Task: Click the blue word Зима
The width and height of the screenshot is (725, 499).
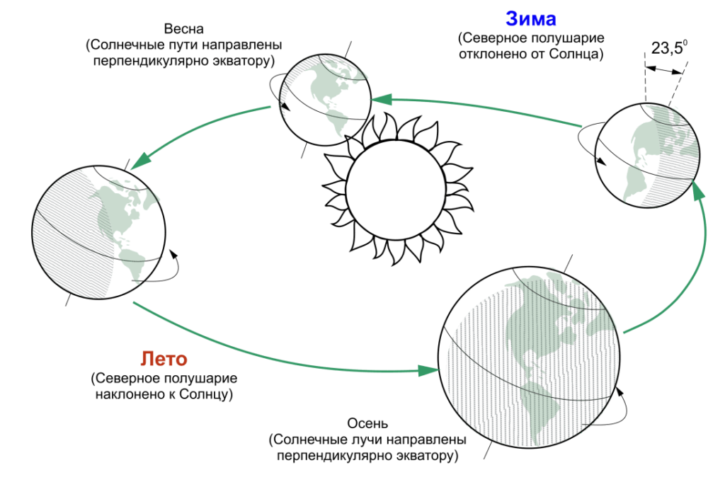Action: pos(530,18)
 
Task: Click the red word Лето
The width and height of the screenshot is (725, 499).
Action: pos(164,359)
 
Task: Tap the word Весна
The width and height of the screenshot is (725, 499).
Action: pos(183,28)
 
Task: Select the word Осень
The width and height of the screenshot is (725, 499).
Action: pos(367,423)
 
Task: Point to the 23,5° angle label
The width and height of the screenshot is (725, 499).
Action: pos(669,47)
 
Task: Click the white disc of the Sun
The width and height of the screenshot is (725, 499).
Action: pos(396,190)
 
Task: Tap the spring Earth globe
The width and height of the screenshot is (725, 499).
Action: pos(326,99)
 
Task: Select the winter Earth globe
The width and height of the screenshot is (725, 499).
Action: pos(647,155)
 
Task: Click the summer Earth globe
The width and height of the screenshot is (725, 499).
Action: pos(99,232)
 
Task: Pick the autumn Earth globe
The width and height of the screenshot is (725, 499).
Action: pos(529,357)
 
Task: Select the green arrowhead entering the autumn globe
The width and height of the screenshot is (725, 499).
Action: pos(428,370)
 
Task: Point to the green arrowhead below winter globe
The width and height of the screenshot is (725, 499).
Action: pos(699,190)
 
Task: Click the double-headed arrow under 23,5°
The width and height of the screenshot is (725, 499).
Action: pos(663,70)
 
